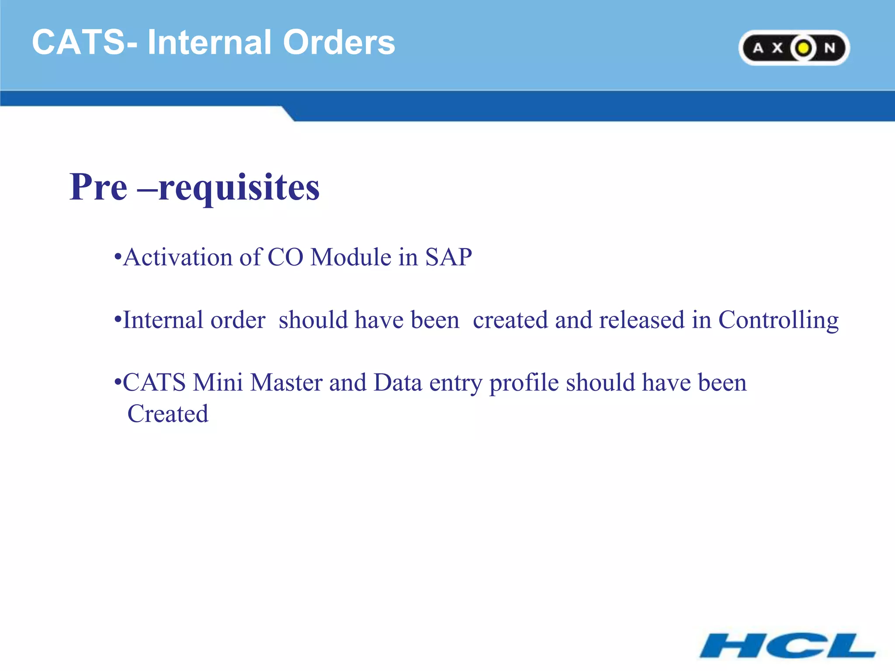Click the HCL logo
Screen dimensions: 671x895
click(x=787, y=645)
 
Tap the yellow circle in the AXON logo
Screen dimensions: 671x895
click(x=803, y=48)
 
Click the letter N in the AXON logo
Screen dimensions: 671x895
click(x=829, y=48)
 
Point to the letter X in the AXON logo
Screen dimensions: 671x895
click(x=777, y=48)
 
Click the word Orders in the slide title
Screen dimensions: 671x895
click(x=339, y=42)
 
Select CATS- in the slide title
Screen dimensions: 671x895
click(x=85, y=42)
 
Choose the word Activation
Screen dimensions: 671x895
click(x=177, y=257)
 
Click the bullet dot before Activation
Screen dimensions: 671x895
click(x=117, y=257)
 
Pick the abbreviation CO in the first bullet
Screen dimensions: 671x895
click(x=285, y=257)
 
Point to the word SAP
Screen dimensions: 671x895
click(x=448, y=257)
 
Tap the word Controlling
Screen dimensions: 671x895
click(x=778, y=321)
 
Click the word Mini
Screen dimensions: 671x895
click(x=218, y=383)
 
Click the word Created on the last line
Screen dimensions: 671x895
click(x=168, y=414)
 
